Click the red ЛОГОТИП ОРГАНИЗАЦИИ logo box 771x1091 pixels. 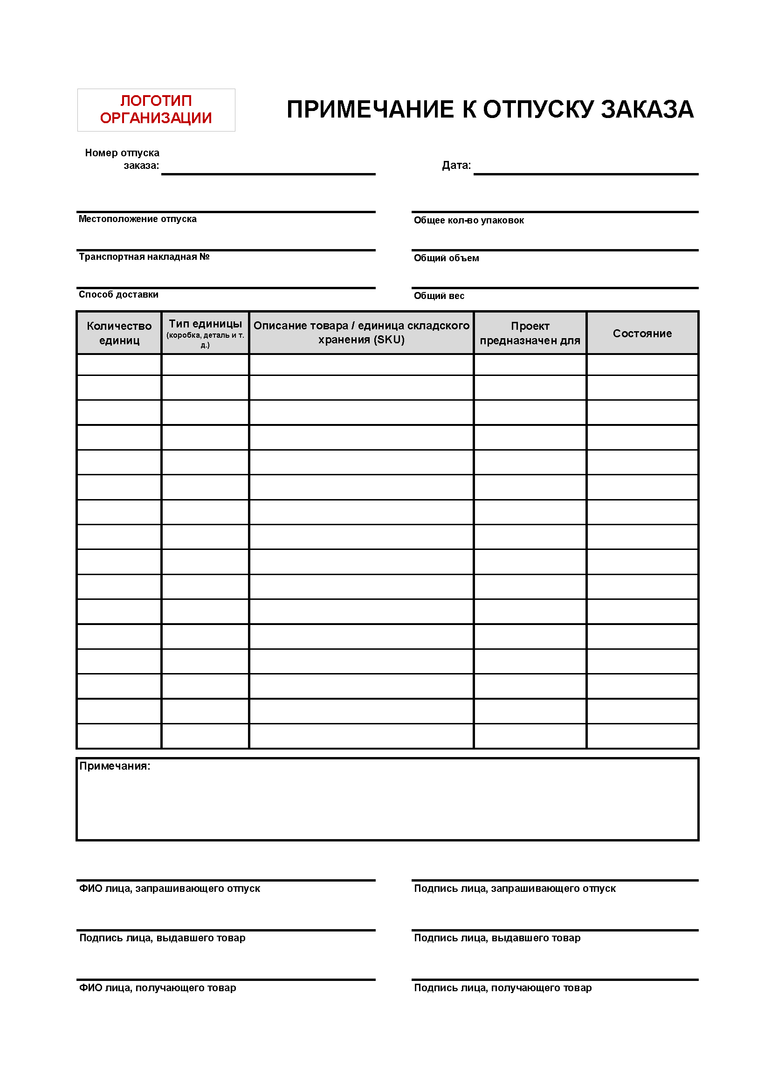pos(156,110)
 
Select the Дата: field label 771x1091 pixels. pos(456,166)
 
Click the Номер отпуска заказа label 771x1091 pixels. pos(123,159)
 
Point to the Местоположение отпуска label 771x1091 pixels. pos(138,219)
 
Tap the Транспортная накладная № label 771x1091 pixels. pos(145,257)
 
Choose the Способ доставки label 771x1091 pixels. pos(119,295)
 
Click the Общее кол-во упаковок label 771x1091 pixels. pos(469,221)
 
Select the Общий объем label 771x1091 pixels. pos(447,258)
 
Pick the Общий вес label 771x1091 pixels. pos(439,296)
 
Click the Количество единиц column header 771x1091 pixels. pos(119,333)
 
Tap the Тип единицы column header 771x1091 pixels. pos(206,324)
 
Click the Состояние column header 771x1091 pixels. pos(642,334)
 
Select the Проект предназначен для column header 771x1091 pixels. pos(530,333)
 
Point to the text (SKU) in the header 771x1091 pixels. pos(390,340)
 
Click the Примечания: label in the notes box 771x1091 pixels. pos(115,766)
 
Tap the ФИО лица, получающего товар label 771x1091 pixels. pos(158,988)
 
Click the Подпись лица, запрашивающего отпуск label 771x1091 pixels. pos(515,889)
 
